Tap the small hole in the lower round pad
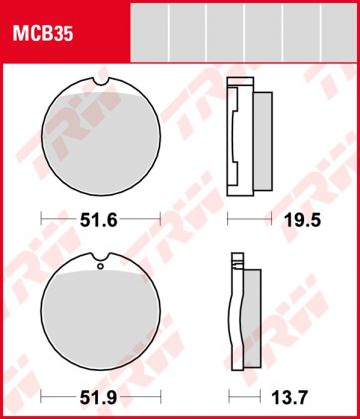(x=100, y=266)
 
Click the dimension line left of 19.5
(x=244, y=217)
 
